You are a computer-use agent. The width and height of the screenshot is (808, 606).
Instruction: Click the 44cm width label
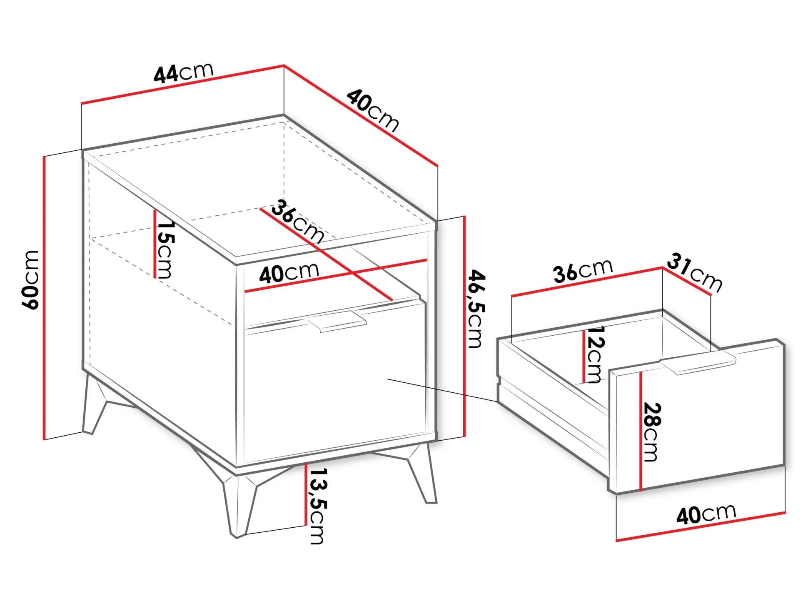tap(184, 73)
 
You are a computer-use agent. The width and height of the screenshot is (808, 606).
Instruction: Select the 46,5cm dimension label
tap(475, 309)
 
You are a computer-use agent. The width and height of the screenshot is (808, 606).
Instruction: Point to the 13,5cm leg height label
tap(317, 506)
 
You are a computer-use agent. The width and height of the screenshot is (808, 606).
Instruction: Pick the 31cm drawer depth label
tap(694, 273)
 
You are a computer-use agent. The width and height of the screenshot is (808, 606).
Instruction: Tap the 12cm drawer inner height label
tap(594, 354)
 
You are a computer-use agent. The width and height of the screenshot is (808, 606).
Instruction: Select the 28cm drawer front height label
tap(651, 432)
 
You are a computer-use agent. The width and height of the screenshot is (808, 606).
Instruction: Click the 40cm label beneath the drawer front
tap(706, 514)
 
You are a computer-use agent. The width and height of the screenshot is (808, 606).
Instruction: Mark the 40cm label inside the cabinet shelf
tap(289, 273)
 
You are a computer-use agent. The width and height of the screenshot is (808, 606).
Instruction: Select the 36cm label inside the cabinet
tap(297, 221)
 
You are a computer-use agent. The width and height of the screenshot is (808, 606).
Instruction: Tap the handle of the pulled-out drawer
tap(698, 363)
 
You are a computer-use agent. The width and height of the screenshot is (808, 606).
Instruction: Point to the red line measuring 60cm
tap(44, 297)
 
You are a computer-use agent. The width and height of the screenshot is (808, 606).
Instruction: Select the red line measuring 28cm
tap(641, 431)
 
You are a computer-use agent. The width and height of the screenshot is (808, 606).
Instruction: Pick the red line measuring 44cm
tap(183, 84)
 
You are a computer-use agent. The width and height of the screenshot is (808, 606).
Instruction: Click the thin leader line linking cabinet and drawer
tap(443, 390)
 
